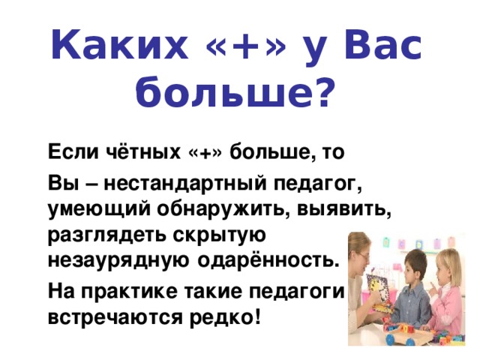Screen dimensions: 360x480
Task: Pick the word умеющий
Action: click(x=88, y=208)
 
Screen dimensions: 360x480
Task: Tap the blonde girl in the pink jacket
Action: click(x=450, y=292)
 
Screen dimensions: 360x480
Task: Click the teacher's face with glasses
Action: click(x=357, y=252)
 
